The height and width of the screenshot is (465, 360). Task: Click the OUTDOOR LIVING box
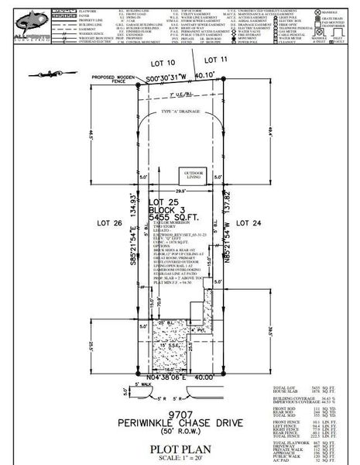coord(193,174)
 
